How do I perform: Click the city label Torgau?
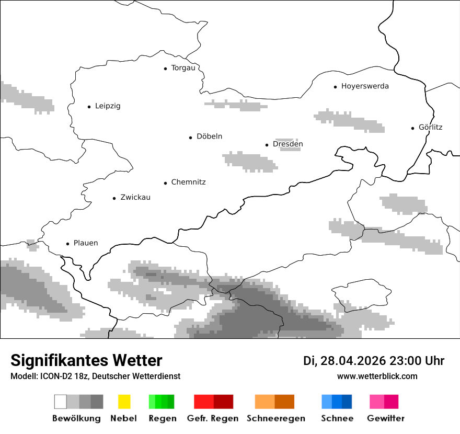coord(183,68)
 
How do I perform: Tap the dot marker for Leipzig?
coord(89,107)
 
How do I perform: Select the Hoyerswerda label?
coord(365,86)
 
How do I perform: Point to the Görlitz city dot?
coord(413,128)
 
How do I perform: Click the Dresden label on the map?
coord(287,144)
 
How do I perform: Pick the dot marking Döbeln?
coord(191,138)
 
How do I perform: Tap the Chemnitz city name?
coord(188,182)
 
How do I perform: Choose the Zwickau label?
coord(135,198)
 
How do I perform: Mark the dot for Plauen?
coord(67,244)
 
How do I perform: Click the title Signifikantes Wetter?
coord(86,361)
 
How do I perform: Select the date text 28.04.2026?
coord(353,361)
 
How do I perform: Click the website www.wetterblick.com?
coord(377,376)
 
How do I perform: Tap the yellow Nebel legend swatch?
coord(124,402)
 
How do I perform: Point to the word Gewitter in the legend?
coord(386,418)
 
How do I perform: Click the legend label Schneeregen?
coord(275,418)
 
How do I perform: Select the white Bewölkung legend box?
coord(60,402)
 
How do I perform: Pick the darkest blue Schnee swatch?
coord(347,402)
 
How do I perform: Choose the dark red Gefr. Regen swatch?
coord(223,402)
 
